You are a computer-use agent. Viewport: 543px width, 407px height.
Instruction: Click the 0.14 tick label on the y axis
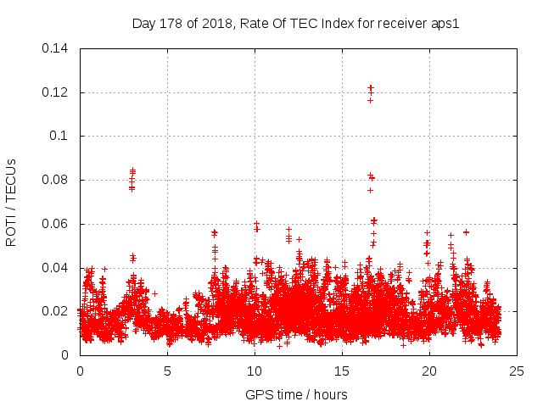pyautogui.click(x=56, y=48)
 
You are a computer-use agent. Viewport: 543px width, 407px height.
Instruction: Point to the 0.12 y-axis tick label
pyautogui.click(x=56, y=92)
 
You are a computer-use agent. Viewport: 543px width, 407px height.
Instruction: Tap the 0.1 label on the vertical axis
pyautogui.click(x=60, y=136)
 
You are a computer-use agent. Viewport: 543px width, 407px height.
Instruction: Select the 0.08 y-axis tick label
pyautogui.click(x=56, y=180)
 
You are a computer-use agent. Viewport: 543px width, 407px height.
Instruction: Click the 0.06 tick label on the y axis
pyautogui.click(x=56, y=224)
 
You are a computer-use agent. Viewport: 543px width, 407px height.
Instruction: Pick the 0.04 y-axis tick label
pyautogui.click(x=56, y=268)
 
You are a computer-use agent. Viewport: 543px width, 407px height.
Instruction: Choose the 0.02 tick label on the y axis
pyautogui.click(x=56, y=311)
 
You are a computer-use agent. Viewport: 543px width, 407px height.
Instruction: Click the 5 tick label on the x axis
pyautogui.click(x=167, y=371)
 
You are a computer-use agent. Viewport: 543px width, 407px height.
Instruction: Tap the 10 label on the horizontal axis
pyautogui.click(x=255, y=371)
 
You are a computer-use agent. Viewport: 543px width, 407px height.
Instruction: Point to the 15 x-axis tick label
pyautogui.click(x=342, y=371)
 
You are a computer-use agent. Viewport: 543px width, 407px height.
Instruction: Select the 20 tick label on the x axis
pyautogui.click(x=429, y=371)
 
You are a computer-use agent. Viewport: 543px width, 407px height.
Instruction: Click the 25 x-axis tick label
pyautogui.click(x=517, y=371)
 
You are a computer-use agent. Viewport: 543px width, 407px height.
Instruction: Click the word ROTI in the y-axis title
pyautogui.click(x=11, y=229)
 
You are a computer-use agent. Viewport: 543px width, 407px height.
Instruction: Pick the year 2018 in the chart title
pyautogui.click(x=215, y=23)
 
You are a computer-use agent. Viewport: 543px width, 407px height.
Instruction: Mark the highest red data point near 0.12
pyautogui.click(x=371, y=86)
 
